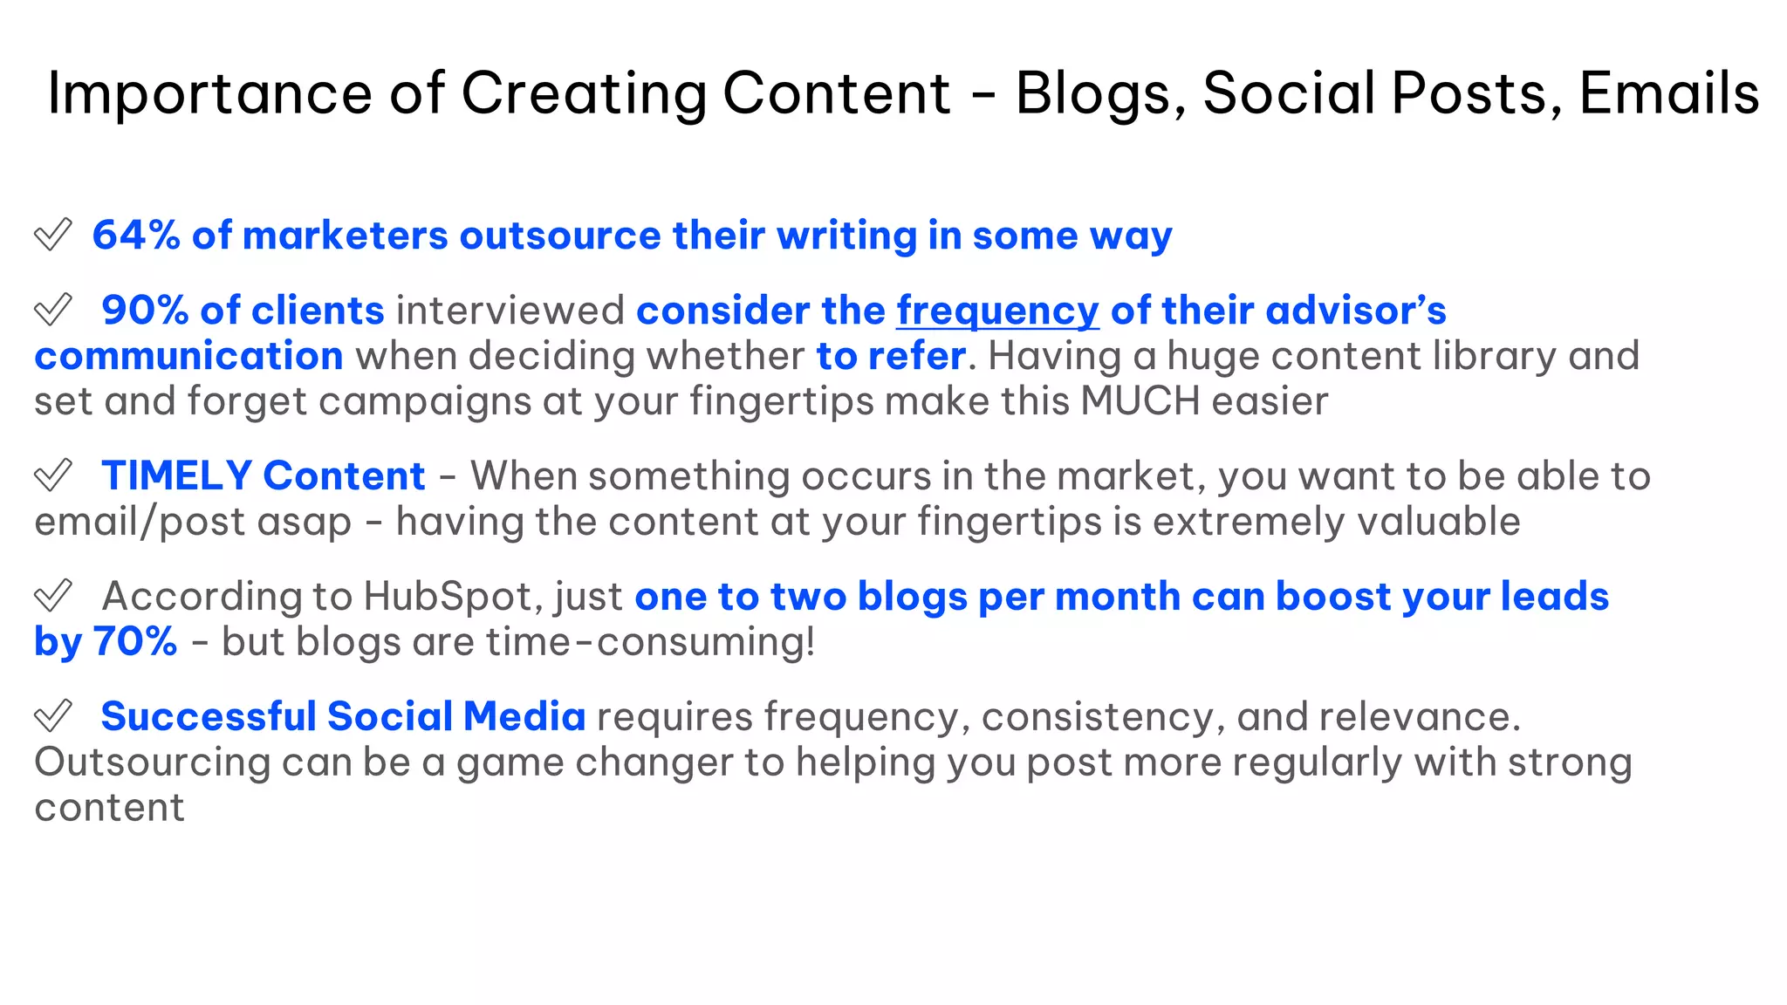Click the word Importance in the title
[209, 93]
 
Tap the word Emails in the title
[1668, 93]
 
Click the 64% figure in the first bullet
[135, 236]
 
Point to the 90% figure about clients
[145, 311]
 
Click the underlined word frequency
[997, 311]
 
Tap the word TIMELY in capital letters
[176, 476]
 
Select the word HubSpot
[450, 597]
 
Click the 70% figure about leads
[135, 642]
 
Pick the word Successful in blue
[209, 717]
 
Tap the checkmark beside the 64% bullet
[52, 235]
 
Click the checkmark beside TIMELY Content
[52, 475]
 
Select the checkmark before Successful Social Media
[52, 716]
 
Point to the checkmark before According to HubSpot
[52, 596]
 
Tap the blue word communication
[188, 356]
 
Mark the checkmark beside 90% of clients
[52, 310]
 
